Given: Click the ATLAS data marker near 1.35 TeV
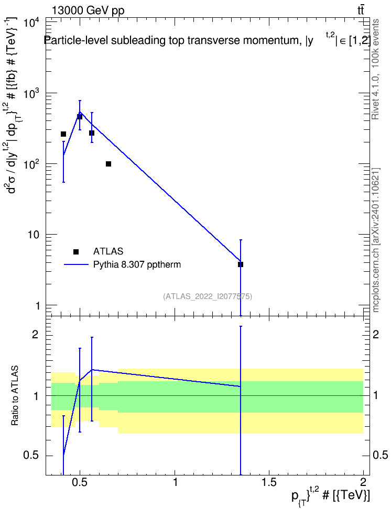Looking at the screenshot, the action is tap(241, 264).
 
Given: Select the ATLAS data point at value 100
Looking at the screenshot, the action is tap(108, 164).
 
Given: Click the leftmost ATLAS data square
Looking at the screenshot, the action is tap(63, 134).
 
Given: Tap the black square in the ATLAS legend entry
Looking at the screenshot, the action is tap(76, 251).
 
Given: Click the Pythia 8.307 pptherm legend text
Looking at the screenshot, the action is tap(137, 264).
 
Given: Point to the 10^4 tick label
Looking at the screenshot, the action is tap(32, 24).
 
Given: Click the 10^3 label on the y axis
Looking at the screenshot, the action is tap(32, 94).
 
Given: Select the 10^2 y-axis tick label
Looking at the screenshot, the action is tap(32, 164).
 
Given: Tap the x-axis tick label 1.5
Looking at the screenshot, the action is tap(269, 482).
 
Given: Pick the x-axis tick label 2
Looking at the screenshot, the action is tap(363, 482).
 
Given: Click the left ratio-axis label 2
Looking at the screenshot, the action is tap(35, 335).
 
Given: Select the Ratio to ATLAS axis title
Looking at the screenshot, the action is tap(15, 395).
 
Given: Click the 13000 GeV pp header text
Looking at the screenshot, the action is tap(88, 11).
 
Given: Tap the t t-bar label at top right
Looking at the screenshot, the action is tap(361, 10).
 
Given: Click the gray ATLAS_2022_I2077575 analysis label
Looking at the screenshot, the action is tap(208, 296).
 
